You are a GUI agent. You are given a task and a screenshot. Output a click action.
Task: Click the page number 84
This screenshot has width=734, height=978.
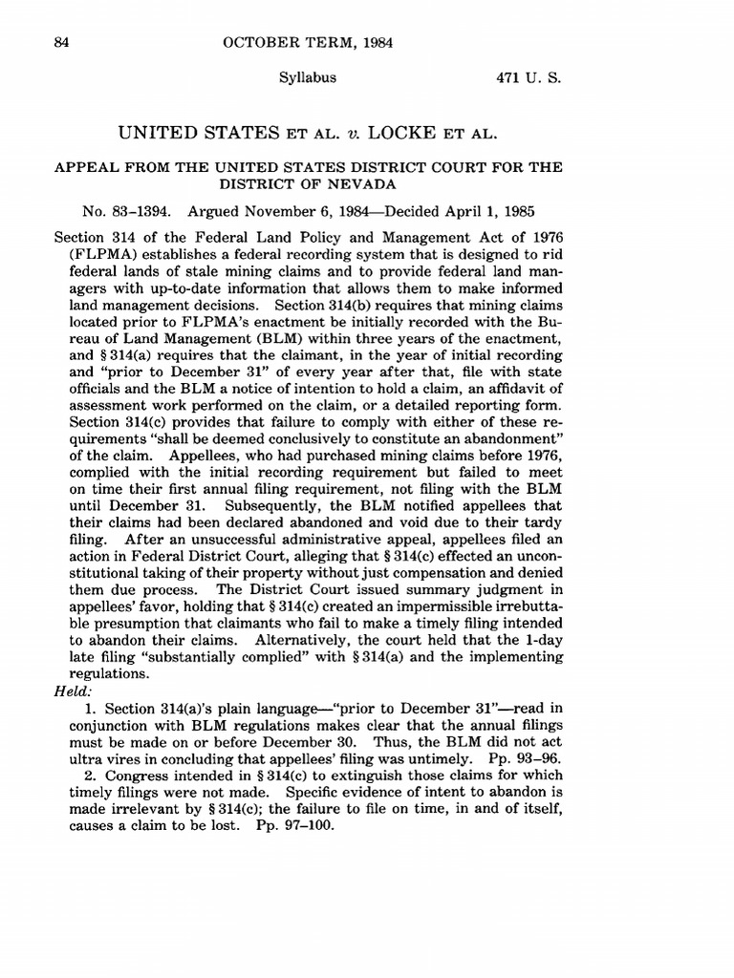point(64,43)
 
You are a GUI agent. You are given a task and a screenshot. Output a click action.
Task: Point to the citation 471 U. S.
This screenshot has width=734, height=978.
point(528,79)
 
